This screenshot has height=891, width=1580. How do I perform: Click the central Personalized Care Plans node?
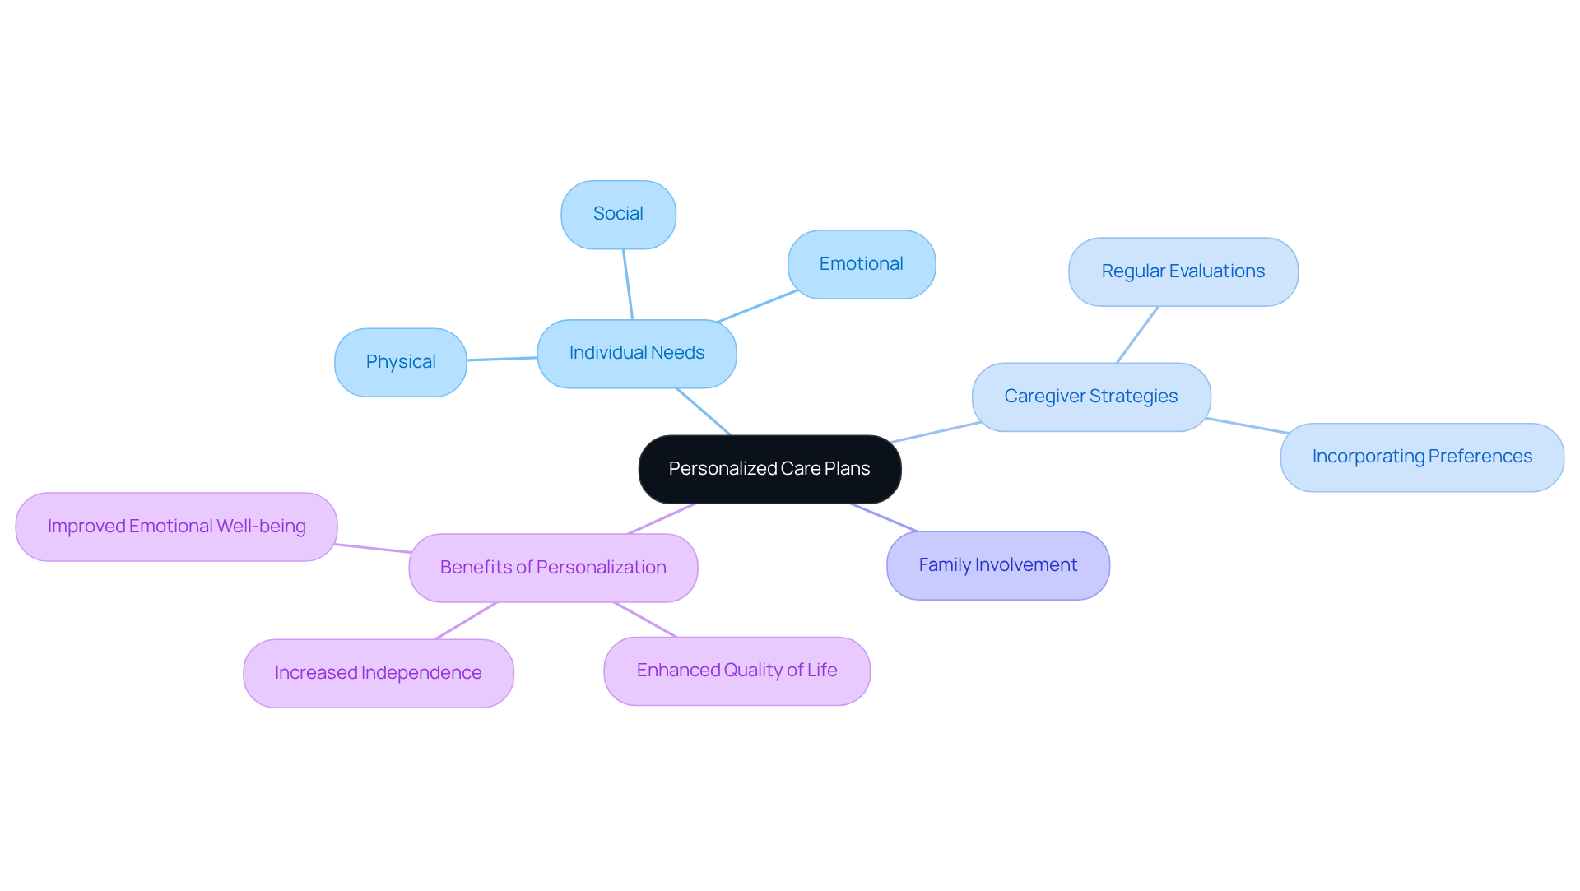[769, 469]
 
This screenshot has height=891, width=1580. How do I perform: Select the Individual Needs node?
[636, 353]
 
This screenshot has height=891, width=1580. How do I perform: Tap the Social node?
[618, 214]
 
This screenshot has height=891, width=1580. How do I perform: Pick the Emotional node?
[861, 264]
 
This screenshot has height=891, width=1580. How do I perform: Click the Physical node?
[401, 362]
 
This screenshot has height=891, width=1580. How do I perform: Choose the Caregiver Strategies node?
[1090, 397]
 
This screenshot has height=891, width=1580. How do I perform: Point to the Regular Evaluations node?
[1183, 271]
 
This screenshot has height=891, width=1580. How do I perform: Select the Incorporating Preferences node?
[1421, 457]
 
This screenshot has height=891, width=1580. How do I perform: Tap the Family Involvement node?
[997, 565]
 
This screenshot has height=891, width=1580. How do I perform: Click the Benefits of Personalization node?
[553, 568]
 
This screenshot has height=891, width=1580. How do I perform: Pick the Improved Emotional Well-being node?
[176, 527]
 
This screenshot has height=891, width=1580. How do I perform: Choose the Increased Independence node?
[378, 673]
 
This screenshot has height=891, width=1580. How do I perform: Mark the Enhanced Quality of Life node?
[737, 671]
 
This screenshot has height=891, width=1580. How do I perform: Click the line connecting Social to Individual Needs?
[628, 284]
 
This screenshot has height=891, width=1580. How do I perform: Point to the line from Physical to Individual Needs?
[502, 359]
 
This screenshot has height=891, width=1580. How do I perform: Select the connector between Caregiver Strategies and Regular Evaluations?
[1137, 334]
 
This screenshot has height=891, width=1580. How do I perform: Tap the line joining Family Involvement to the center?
[884, 517]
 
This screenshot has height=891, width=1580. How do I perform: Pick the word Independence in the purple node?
[421, 673]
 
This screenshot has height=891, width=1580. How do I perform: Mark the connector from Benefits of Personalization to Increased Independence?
[466, 620]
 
